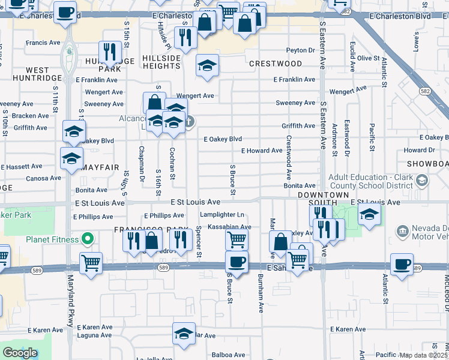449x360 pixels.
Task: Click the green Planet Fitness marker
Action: coord(88,239)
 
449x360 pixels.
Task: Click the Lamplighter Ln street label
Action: coord(223,215)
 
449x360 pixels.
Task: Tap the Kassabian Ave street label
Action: coord(229,227)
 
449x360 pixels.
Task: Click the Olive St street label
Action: coord(368,58)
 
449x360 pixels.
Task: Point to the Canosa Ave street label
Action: coord(44,178)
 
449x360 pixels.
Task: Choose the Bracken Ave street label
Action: coord(30,116)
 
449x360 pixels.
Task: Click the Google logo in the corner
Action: coord(20,353)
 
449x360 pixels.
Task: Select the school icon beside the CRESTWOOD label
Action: coord(207,66)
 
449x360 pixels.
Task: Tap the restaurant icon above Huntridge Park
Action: coord(109,52)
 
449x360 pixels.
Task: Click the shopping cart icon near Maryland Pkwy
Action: coord(91,263)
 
